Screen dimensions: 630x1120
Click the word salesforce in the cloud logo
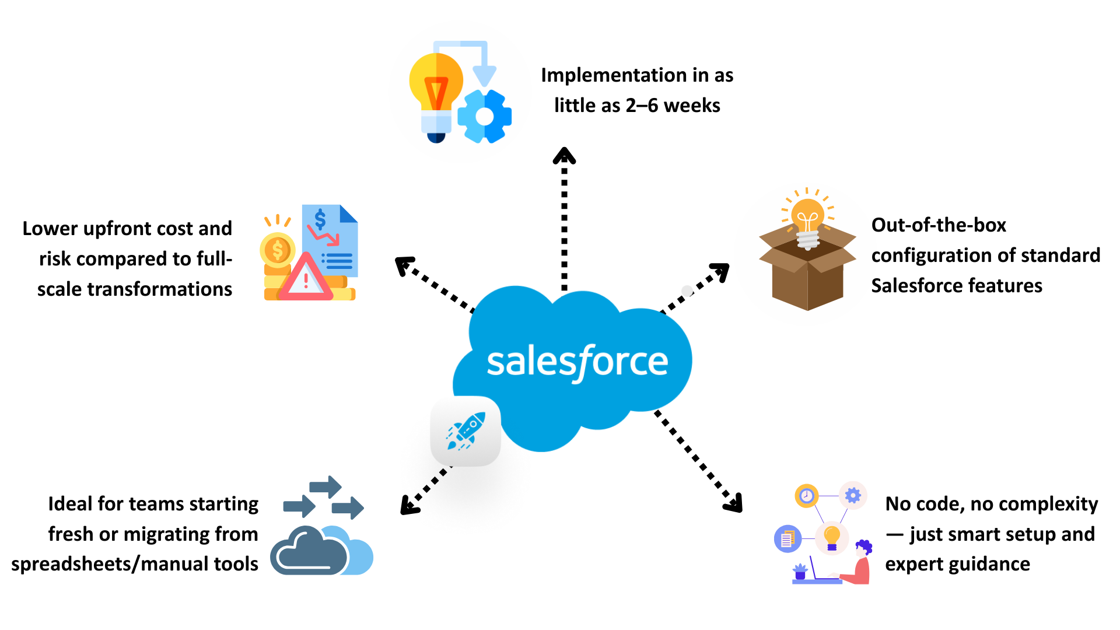click(x=577, y=362)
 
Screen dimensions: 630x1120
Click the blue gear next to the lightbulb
click(x=484, y=117)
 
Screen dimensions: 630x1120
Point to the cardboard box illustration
click(x=807, y=274)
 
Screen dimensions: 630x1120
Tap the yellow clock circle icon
click(x=806, y=496)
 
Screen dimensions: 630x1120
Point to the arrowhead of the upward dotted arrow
click(x=564, y=155)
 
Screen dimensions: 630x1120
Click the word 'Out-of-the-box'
click(x=939, y=225)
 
